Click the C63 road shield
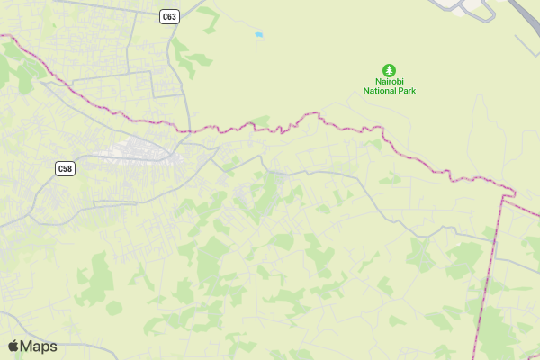170,16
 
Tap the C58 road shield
64,168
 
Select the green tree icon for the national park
389,69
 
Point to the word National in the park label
380,91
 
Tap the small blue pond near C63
259,35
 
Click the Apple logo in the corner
14,346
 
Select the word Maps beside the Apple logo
40,346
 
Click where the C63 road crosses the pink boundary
190,131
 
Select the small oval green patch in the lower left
113,308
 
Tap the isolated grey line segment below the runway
526,45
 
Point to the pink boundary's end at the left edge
3,35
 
